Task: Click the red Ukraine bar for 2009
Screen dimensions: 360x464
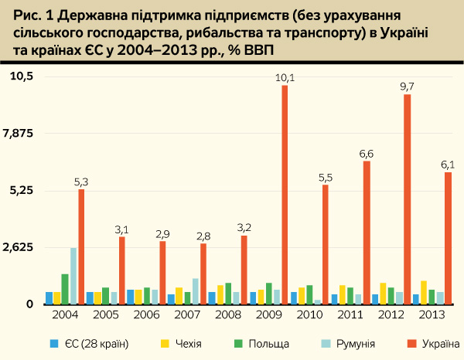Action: coord(285,195)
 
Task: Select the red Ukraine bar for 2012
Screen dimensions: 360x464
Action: coord(408,199)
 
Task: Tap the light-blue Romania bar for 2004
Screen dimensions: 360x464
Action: coord(73,276)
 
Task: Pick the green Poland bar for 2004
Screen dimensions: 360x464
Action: coord(65,289)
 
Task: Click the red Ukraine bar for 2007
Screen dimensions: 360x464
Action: coord(203,273)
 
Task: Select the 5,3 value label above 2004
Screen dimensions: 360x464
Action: coord(81,182)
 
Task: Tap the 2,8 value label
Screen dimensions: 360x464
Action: coord(203,236)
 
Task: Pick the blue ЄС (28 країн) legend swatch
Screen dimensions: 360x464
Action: coord(53,342)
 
